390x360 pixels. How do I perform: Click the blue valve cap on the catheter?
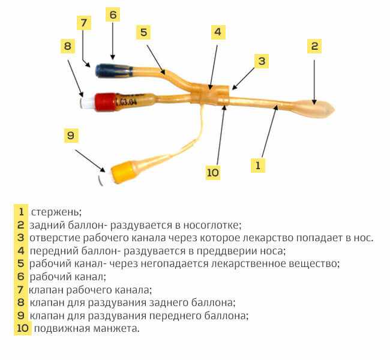coord(114,71)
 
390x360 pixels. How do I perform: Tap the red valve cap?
coord(106,102)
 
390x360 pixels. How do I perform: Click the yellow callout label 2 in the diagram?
coord(314,46)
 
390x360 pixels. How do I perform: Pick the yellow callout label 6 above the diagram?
coord(113,14)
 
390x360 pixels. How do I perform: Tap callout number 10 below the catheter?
coord(212,172)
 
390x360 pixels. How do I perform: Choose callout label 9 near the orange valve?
coord(71,136)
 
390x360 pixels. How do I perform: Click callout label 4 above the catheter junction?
coord(218,32)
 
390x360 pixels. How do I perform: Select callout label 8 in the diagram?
coord(68,46)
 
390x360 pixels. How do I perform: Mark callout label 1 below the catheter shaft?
coord(258,165)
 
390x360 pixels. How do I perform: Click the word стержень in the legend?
coord(56,212)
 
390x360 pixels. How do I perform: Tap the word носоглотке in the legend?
coord(212,225)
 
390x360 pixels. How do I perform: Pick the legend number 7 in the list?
coord(20,290)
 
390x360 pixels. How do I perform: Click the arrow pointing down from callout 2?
coord(314,82)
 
